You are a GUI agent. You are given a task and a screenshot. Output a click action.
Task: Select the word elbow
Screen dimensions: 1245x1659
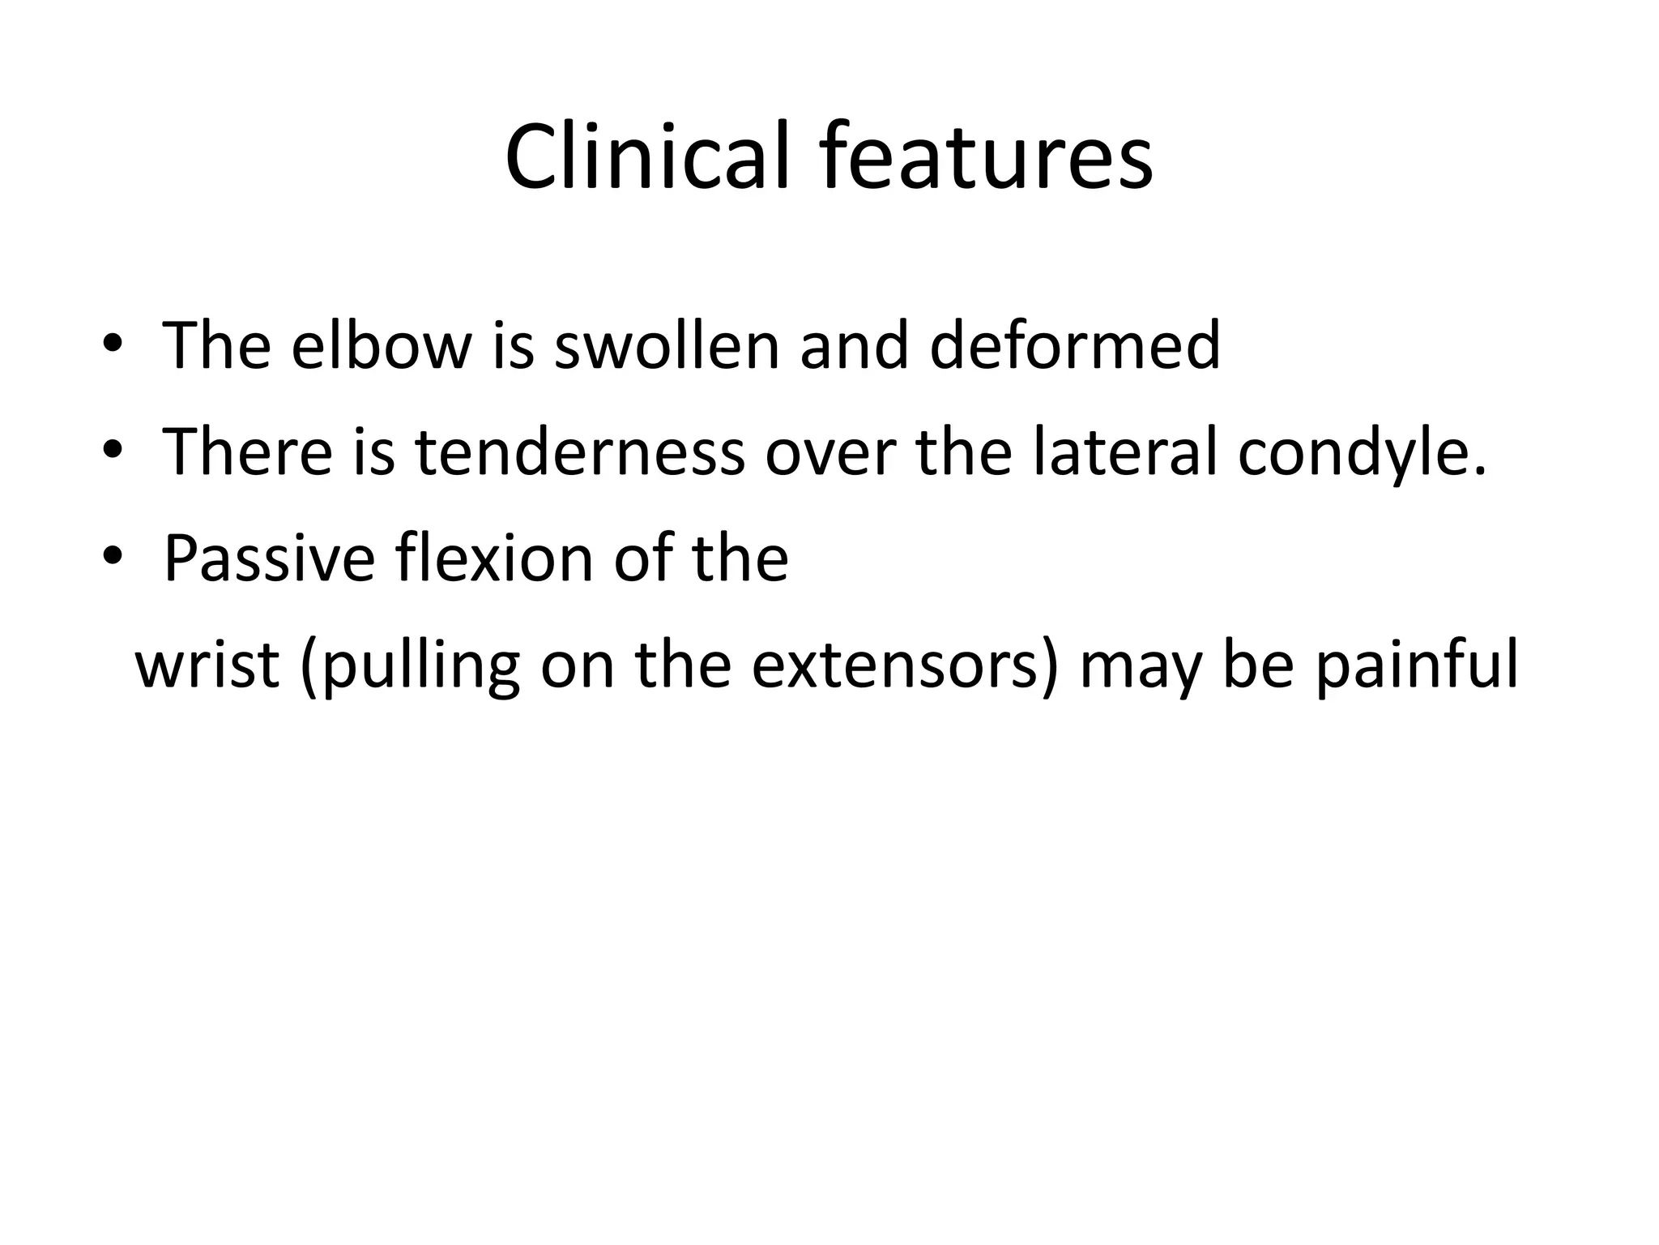(381, 346)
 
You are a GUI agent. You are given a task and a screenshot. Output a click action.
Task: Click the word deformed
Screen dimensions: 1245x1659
(1074, 346)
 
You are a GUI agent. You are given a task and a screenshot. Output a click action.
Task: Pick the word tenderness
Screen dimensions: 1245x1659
(579, 452)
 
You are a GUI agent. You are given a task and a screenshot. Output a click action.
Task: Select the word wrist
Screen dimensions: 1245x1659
(207, 665)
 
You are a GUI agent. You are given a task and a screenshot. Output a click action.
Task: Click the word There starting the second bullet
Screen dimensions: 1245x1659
(247, 452)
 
